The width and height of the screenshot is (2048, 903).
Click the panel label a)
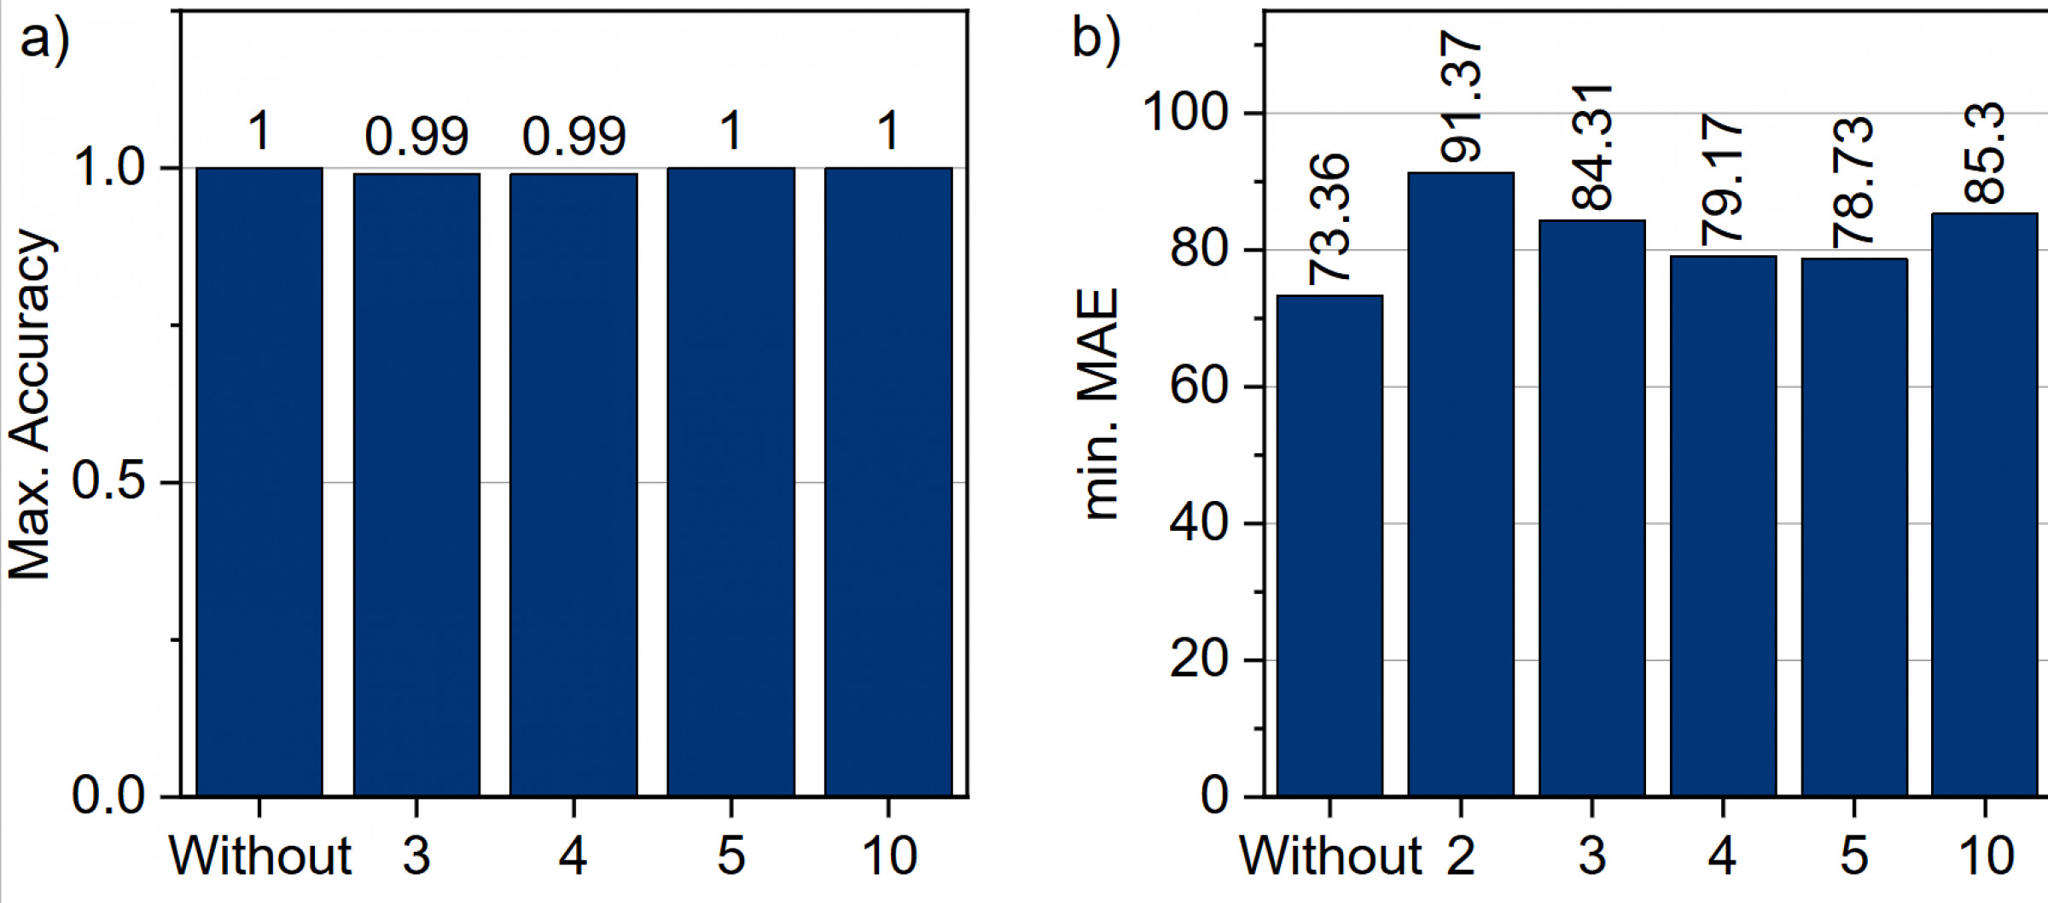[x=44, y=39]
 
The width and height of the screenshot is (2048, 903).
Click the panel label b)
[x=1096, y=39]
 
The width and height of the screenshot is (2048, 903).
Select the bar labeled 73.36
[x=1329, y=546]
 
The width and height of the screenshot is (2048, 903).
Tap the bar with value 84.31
[x=1591, y=509]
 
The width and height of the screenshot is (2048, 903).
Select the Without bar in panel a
[x=259, y=482]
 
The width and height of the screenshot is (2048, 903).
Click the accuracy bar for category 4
[x=573, y=485]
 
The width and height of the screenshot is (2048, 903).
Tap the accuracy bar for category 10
[x=888, y=482]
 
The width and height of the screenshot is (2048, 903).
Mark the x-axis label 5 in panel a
[x=731, y=855]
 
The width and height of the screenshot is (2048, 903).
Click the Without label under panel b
[x=1329, y=855]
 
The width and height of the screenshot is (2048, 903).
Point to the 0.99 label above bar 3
[x=417, y=137]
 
